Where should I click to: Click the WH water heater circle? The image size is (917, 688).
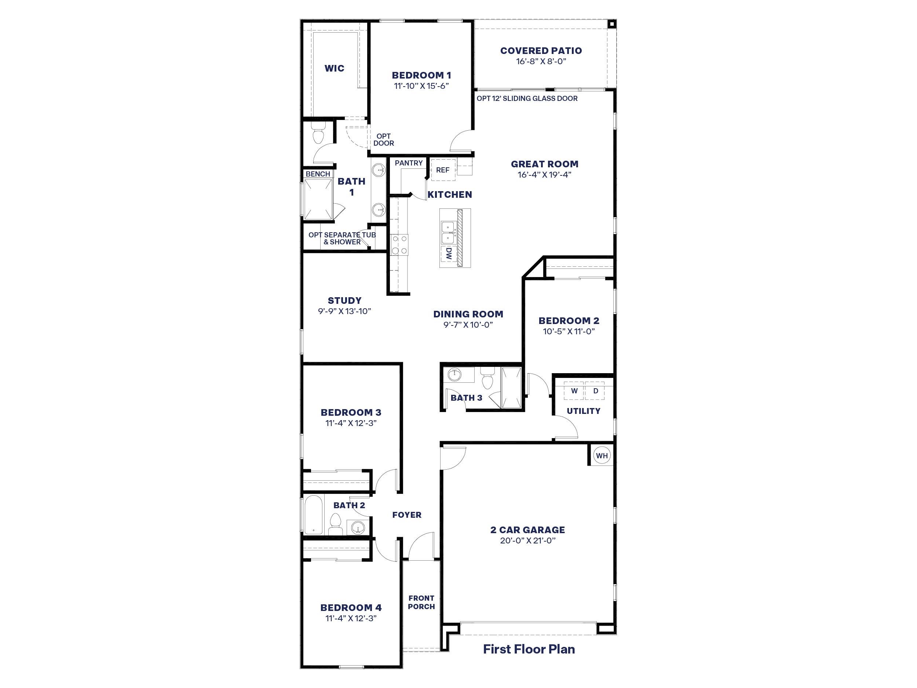point(602,455)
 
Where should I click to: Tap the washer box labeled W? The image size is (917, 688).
point(574,391)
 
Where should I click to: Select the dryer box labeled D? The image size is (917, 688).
point(595,391)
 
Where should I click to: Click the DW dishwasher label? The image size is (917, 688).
point(449,254)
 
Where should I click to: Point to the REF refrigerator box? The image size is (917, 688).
point(443,170)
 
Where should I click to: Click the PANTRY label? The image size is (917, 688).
point(408,163)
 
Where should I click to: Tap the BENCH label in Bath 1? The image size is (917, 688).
point(318,174)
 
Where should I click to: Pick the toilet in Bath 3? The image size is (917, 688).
point(487,378)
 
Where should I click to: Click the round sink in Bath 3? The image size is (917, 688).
point(454,375)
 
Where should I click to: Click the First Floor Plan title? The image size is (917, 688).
point(529,649)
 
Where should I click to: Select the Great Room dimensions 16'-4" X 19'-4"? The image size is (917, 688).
point(544,175)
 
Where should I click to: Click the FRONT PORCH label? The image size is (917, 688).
point(421,602)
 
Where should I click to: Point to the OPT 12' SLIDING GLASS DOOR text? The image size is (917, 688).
point(527,98)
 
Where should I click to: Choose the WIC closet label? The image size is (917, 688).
point(334,68)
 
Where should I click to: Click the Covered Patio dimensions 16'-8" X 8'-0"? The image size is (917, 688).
point(541,61)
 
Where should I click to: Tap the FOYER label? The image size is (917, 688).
point(407,515)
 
